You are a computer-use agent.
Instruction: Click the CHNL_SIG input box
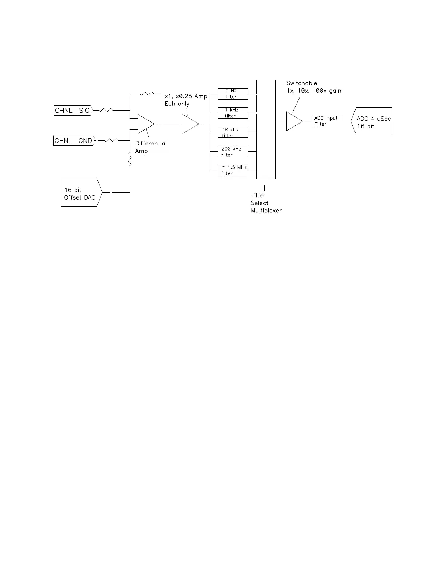73,111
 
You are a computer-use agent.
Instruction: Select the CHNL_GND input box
74,141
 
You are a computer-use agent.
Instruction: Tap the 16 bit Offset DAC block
81,193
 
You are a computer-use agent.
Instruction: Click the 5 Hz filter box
233,94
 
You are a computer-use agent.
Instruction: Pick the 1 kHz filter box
233,113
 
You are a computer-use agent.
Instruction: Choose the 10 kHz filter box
233,132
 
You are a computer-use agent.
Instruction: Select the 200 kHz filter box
233,152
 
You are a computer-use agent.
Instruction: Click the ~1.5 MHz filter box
233,171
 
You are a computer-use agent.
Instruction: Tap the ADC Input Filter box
326,121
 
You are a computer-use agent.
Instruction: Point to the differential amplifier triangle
145,124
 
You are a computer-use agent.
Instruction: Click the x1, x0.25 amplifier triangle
190,124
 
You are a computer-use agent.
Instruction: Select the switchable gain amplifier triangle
294,121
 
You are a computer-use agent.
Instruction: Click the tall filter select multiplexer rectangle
266,129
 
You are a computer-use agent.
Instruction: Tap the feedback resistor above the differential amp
147,94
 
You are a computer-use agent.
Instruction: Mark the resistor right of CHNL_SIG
106,110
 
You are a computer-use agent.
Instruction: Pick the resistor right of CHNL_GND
111,140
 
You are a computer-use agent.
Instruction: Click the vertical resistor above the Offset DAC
130,160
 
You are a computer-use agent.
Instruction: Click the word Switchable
302,83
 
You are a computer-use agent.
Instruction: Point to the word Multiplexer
266,211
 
